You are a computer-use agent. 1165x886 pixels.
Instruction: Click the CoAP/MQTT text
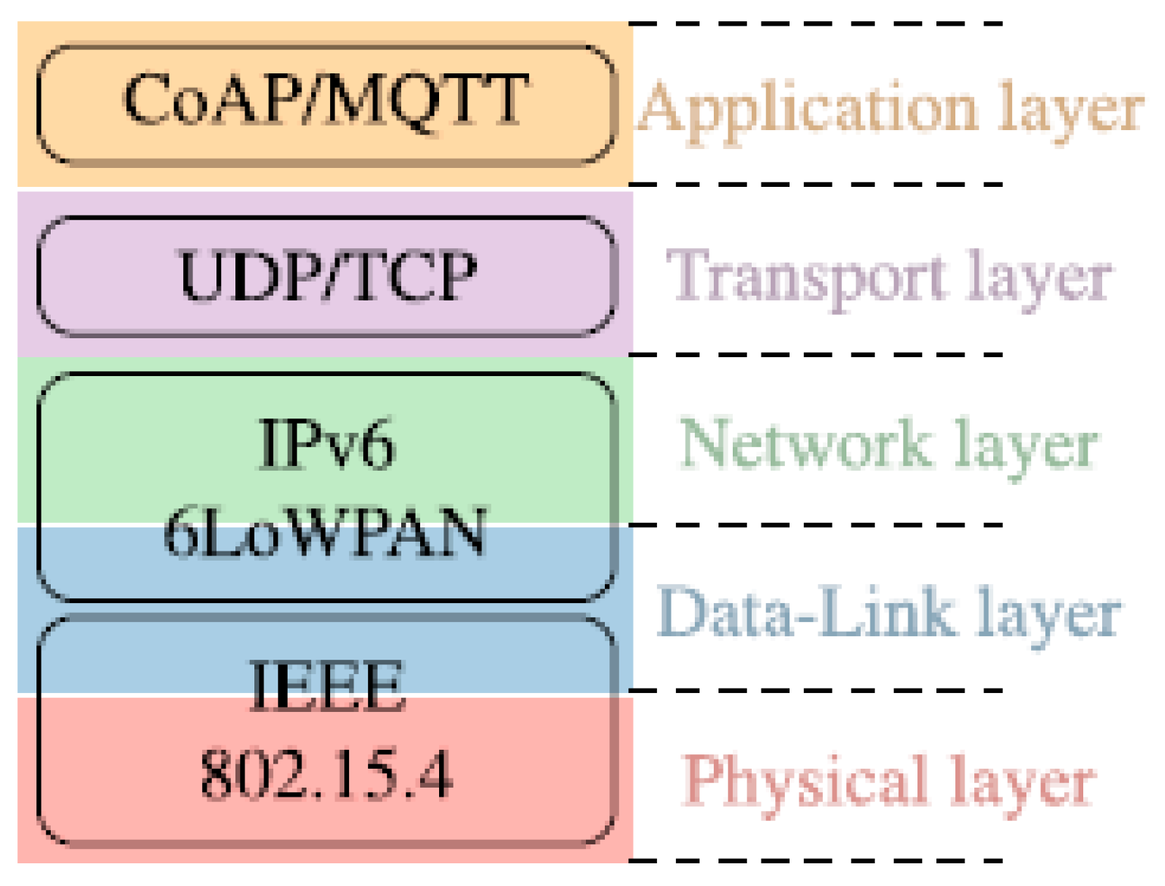(x=326, y=100)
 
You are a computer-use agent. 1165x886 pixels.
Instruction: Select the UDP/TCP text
(x=327, y=275)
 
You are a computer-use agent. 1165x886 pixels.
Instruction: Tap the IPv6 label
(x=326, y=445)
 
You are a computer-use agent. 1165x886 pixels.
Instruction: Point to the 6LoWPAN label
(x=326, y=533)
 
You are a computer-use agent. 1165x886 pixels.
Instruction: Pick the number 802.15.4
(x=326, y=775)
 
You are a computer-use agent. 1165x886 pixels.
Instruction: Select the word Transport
(x=807, y=278)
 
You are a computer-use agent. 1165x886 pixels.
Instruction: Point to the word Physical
(x=805, y=781)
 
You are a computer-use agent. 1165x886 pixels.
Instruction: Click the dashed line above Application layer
(x=816, y=24)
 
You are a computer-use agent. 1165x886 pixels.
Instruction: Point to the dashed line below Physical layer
(x=816, y=860)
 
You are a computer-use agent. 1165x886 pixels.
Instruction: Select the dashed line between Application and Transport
(x=816, y=184)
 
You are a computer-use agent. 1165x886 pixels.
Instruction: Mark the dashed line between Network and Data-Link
(x=816, y=524)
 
